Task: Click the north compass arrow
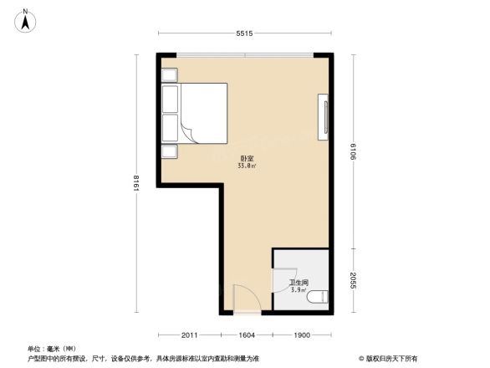26,19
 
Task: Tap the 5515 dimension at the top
243,33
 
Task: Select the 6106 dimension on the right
355,152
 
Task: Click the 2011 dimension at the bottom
191,335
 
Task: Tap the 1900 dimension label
302,335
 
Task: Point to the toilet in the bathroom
318,296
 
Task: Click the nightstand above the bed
169,74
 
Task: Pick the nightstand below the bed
169,151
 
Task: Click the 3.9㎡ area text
297,290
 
